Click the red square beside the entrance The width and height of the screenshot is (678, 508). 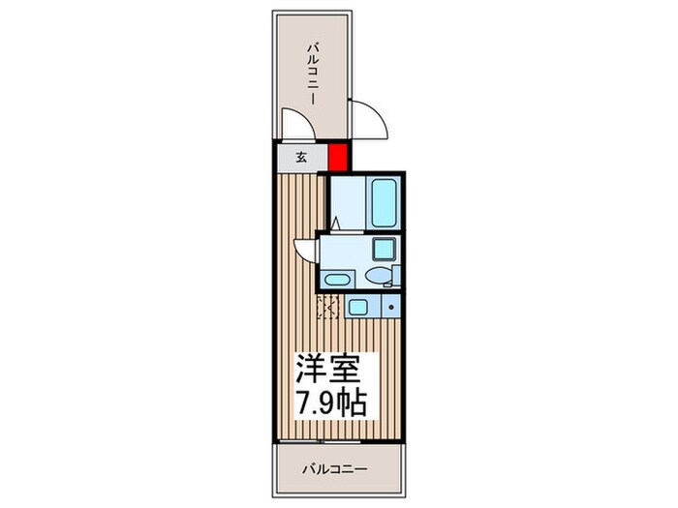pyautogui.click(x=338, y=156)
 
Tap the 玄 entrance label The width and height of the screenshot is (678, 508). pyautogui.click(x=301, y=157)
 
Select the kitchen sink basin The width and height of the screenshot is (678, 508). pyautogui.click(x=358, y=309)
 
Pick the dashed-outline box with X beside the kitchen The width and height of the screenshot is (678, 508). pyautogui.click(x=328, y=309)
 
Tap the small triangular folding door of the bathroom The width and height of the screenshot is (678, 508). pyautogui.click(x=335, y=224)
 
